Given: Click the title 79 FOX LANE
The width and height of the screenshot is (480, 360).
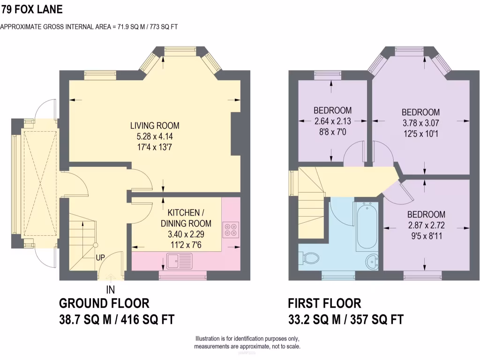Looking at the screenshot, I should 31,9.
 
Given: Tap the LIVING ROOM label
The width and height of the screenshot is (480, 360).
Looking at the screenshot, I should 155,126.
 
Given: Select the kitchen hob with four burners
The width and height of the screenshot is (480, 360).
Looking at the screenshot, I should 231,230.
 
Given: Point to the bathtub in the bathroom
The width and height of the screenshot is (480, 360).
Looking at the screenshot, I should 367,226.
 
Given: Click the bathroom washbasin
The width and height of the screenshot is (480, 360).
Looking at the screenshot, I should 373,261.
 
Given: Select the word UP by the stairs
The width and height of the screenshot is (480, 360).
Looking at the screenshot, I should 100,257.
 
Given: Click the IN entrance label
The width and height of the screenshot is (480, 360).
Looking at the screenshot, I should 111,289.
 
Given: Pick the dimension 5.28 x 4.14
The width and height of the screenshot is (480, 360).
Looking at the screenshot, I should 155,136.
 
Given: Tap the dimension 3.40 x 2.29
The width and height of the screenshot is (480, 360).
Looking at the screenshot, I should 186,234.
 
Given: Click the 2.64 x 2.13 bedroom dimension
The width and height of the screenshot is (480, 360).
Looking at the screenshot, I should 332,121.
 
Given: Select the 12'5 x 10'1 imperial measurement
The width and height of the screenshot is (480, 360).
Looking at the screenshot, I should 420,133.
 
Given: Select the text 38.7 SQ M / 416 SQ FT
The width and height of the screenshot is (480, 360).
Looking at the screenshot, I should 117,320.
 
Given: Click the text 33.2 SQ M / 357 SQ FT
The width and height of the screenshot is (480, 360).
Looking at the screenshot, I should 345,320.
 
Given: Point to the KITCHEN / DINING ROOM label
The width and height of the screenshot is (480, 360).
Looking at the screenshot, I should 186,217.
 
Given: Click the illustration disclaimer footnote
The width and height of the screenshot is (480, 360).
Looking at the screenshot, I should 247,343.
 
